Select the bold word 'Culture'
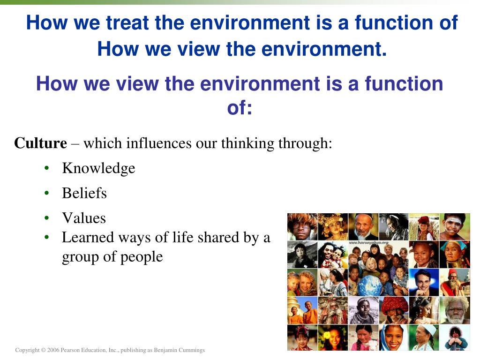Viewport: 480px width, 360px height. pos(40,143)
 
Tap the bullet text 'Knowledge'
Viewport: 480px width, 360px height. pos(98,168)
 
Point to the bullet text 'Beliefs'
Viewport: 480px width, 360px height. pos(84,193)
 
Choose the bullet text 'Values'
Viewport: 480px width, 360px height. pos(84,218)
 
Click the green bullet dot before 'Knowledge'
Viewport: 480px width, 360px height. pos(46,168)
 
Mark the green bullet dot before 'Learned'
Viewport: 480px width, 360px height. pos(46,237)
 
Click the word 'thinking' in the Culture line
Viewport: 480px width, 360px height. pos(247,143)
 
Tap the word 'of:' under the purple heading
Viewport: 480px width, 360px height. pos(240,108)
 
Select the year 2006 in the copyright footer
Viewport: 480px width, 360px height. pos(53,350)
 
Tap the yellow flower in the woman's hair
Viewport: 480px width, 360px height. pos(327,335)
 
